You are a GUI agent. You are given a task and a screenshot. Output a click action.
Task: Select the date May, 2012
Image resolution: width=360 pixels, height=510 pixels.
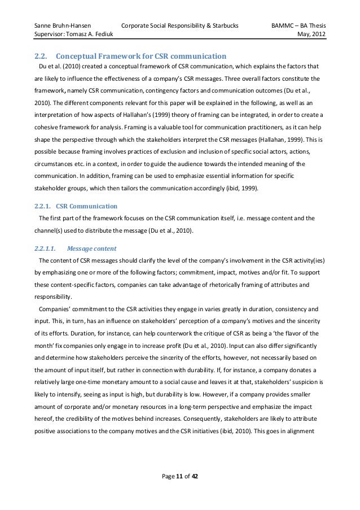314,37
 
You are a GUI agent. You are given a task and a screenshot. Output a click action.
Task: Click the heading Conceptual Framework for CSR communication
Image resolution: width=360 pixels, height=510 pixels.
142,56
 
